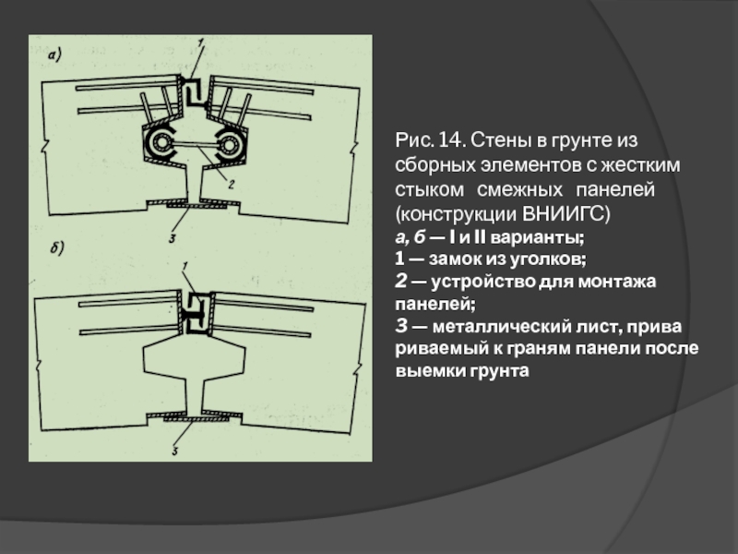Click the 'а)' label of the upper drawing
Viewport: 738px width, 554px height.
tap(54, 56)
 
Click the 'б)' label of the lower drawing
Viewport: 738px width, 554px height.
tap(57, 247)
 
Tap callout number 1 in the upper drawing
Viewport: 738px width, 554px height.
tap(200, 43)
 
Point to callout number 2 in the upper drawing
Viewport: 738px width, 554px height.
tap(232, 185)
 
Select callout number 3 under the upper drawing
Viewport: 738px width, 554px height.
tap(173, 238)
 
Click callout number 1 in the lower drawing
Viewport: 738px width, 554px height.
tap(185, 268)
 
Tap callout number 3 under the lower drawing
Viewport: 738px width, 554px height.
tap(174, 452)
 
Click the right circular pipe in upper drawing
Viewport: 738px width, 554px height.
tap(228, 144)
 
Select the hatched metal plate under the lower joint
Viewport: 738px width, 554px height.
tap(197, 418)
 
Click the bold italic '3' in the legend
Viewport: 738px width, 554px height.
tap(401, 326)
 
